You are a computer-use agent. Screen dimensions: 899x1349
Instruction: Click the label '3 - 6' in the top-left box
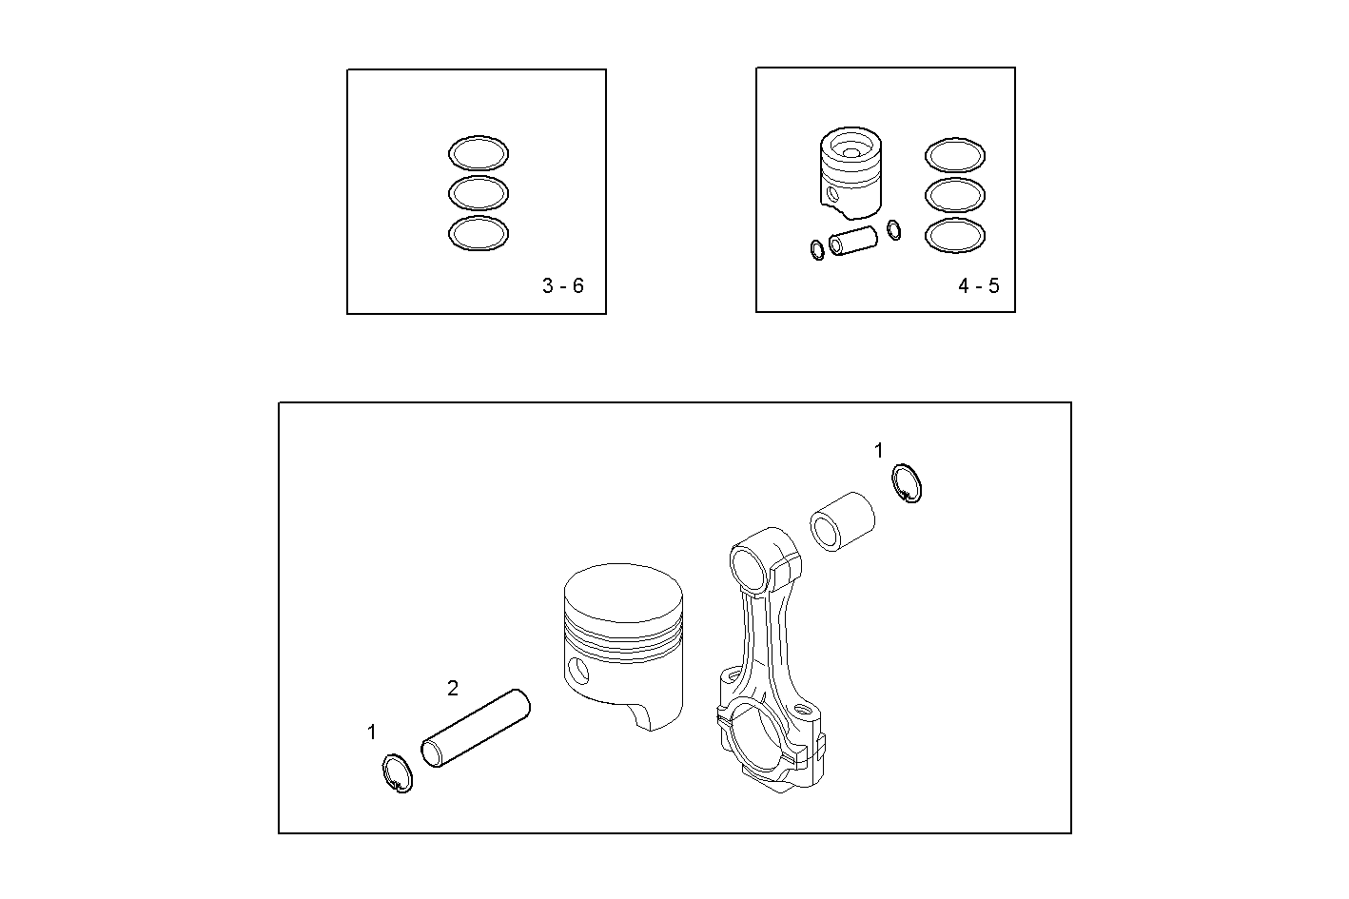tap(562, 285)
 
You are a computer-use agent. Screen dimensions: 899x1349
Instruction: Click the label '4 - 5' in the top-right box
tap(979, 285)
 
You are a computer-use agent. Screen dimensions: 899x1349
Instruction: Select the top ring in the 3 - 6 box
tap(478, 153)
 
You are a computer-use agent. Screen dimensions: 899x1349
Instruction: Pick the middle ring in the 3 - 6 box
tap(478, 193)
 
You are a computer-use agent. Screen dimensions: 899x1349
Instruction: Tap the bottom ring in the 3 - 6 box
tap(478, 234)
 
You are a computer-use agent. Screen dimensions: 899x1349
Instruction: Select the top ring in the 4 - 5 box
tap(955, 155)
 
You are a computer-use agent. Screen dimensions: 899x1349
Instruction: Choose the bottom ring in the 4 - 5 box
tap(955, 235)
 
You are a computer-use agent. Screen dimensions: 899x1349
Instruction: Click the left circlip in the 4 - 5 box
tap(817, 250)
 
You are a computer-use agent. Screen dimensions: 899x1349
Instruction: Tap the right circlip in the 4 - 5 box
tap(893, 229)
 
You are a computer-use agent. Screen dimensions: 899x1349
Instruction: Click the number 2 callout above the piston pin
tap(453, 688)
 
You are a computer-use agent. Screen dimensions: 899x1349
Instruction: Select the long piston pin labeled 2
tap(476, 728)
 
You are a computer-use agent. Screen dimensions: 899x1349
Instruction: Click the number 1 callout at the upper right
tap(879, 450)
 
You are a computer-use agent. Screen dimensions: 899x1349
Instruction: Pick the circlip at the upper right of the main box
tap(908, 483)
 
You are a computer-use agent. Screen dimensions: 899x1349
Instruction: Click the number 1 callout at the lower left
tap(372, 732)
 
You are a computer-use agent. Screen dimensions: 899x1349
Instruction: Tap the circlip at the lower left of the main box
tap(397, 772)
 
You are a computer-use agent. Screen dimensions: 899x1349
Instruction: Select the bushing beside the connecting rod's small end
tap(841, 520)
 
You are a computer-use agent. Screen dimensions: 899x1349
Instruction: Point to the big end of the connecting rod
tap(767, 742)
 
